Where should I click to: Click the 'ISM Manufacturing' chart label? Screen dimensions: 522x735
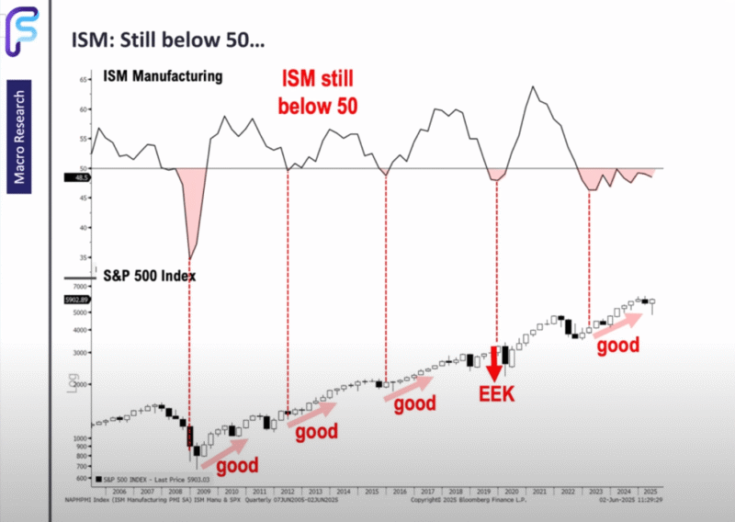[163, 76]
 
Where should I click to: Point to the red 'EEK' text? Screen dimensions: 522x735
[497, 395]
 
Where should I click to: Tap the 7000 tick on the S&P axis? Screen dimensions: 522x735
[79, 288]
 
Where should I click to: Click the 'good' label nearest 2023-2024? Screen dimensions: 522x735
[616, 347]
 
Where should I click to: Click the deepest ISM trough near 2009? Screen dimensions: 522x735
[190, 258]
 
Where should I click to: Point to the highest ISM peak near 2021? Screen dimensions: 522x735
[533, 86]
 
